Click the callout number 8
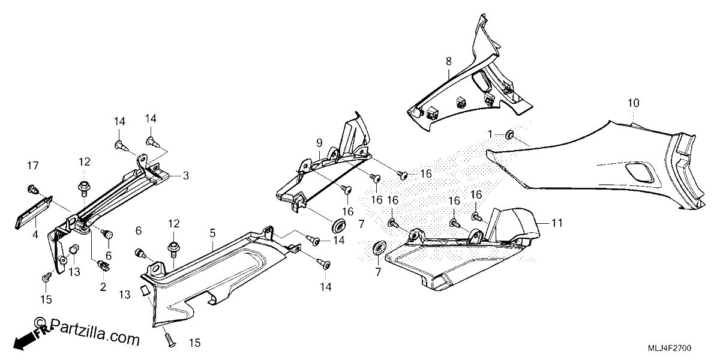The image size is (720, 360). click(449, 61)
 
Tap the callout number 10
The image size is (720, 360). click(633, 103)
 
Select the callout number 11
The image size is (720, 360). click(557, 223)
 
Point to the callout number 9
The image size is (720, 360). click(319, 142)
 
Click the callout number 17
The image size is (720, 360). click(33, 166)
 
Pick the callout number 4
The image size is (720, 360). click(35, 235)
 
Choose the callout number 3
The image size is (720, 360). click(186, 176)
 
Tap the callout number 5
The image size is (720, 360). click(212, 233)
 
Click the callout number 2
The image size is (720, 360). click(103, 287)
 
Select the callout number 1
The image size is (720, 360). click(490, 134)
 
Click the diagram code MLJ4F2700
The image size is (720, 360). click(673, 348)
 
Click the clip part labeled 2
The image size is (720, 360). click(103, 265)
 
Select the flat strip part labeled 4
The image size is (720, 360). click(34, 212)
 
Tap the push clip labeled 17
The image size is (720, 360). click(32, 190)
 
